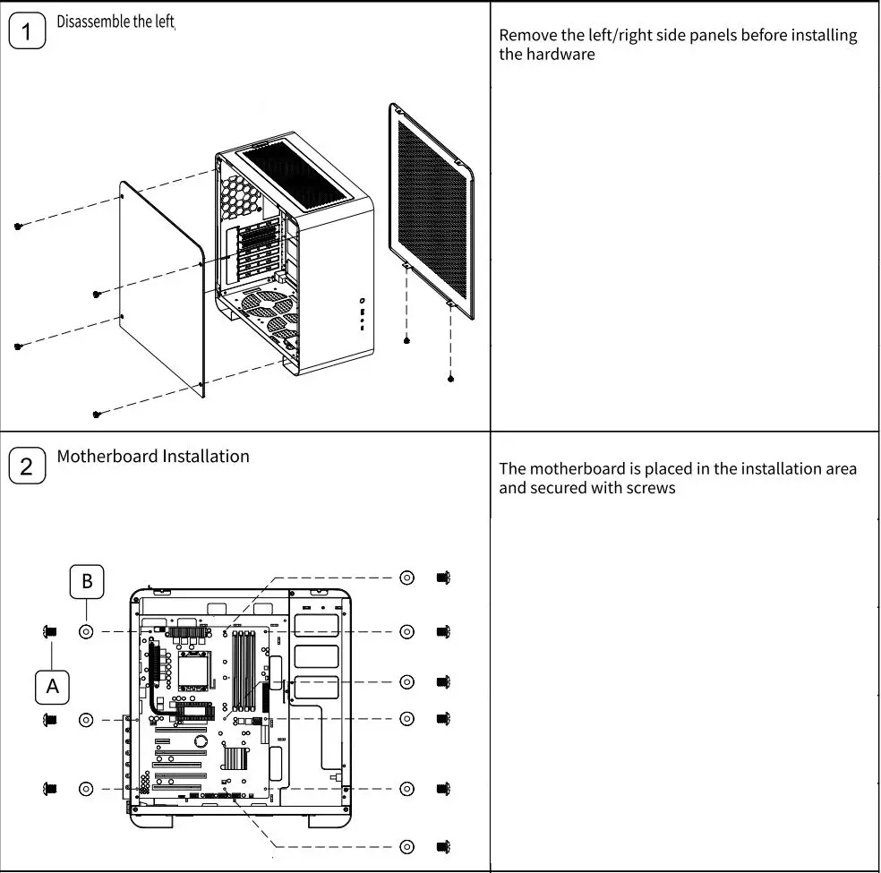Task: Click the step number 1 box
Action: (27, 32)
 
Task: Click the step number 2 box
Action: (27, 466)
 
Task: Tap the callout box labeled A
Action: (53, 687)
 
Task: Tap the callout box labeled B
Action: (87, 581)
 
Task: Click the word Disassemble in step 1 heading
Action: (93, 21)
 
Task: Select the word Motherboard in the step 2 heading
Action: (107, 456)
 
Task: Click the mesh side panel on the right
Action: (432, 211)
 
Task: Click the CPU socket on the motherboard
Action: (195, 667)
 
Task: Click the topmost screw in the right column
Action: (442, 578)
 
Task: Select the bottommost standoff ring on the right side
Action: (406, 846)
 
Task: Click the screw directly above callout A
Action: (49, 632)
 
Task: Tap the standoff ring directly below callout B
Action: (86, 631)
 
